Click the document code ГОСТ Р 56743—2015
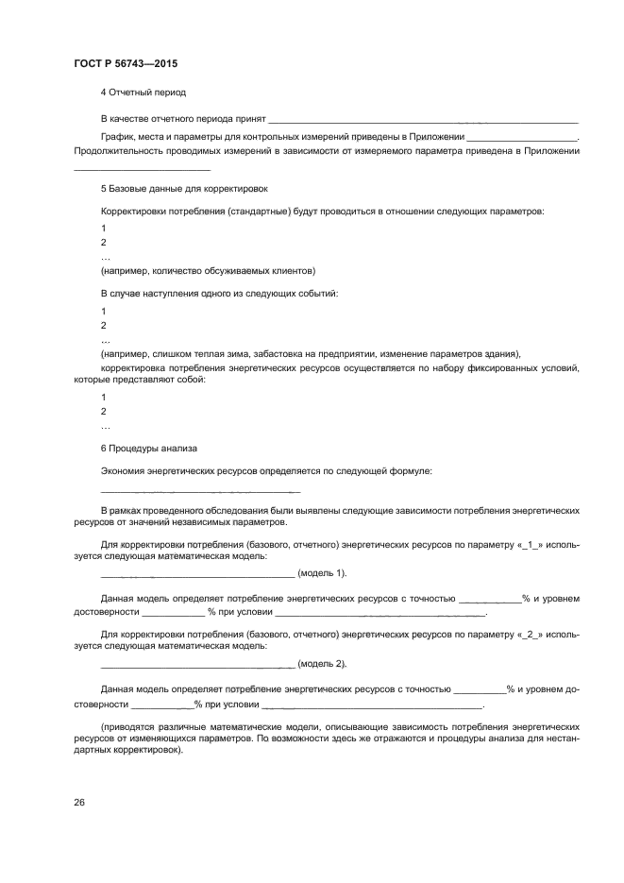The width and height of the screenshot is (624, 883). (x=126, y=63)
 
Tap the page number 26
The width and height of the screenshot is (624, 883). (x=79, y=803)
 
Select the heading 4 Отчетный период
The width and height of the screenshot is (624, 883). (x=143, y=93)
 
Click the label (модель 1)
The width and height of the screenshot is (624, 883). (x=322, y=573)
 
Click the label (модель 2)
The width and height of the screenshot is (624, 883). (x=322, y=664)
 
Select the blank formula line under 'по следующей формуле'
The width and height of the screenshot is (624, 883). (x=200, y=490)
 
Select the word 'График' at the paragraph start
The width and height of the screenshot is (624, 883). (x=117, y=138)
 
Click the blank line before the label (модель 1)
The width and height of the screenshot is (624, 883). (x=196, y=573)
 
